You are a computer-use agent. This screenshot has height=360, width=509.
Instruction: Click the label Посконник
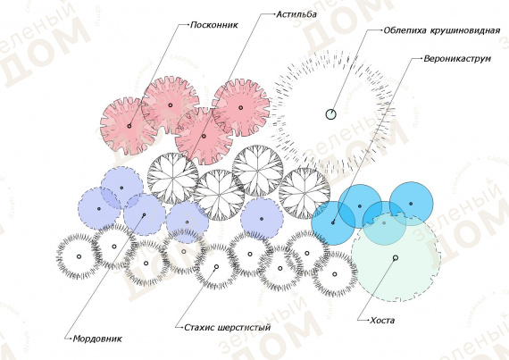click(x=214, y=25)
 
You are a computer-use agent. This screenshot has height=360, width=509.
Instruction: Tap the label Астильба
click(x=296, y=14)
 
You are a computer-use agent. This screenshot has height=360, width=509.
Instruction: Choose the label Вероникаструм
click(x=457, y=59)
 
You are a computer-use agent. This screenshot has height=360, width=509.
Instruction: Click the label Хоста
click(x=382, y=321)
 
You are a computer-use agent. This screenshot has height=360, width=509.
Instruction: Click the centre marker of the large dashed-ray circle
click(x=330, y=114)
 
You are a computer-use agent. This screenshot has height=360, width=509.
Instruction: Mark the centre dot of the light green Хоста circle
click(x=396, y=258)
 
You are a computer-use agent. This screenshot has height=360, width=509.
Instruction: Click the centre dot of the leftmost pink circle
click(x=129, y=126)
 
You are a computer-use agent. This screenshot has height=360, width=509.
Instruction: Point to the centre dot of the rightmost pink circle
click(x=240, y=107)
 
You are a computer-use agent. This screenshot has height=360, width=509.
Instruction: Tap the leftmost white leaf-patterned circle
click(x=172, y=178)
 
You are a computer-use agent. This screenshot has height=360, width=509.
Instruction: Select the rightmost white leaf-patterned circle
click(x=305, y=193)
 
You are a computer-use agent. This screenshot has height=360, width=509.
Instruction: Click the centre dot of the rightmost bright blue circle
click(x=411, y=204)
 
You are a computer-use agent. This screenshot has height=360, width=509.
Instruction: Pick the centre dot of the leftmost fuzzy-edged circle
click(x=79, y=256)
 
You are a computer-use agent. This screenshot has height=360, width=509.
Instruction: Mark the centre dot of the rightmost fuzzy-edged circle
click(x=334, y=274)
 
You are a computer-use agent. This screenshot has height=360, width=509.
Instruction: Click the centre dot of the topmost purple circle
click(x=121, y=188)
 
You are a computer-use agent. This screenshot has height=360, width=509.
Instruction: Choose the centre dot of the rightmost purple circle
click(x=262, y=219)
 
